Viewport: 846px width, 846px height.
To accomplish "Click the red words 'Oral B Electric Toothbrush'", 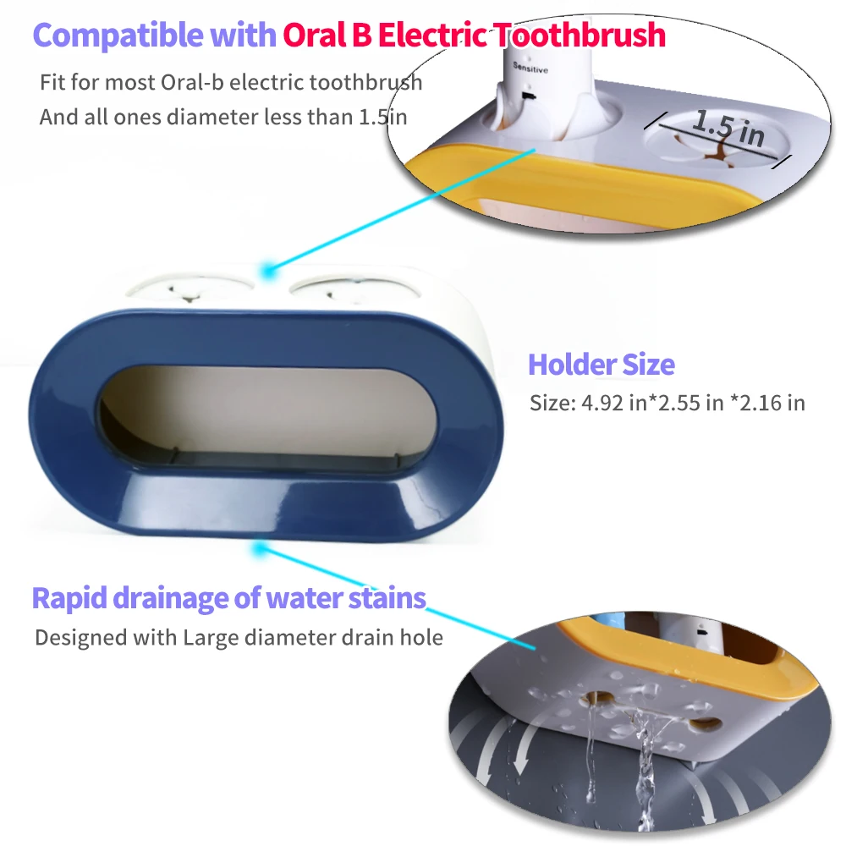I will (474, 36).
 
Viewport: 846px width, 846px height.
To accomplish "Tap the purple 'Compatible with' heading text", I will (154, 36).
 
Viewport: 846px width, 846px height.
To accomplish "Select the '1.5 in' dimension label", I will (728, 128).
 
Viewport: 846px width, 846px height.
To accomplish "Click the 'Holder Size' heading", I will (601, 365).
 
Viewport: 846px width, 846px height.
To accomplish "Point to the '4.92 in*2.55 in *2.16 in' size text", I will (667, 403).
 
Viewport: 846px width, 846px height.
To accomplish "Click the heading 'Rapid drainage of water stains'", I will (228, 598).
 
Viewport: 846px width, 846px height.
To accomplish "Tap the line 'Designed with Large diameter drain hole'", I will (239, 637).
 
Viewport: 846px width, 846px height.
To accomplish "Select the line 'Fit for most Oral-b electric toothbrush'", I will (231, 83).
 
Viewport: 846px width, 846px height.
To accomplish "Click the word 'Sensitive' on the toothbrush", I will (530, 69).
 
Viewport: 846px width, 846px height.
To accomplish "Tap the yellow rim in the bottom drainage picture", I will (677, 643).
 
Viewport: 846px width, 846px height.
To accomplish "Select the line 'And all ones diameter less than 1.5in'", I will (223, 117).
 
